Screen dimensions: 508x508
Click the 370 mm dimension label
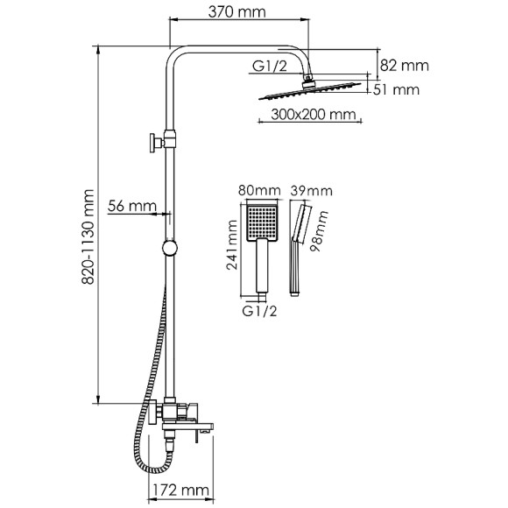tap(236, 12)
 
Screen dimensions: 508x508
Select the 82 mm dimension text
tap(405, 66)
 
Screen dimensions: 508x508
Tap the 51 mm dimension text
tap(396, 89)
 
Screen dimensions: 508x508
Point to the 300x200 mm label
tap(314, 115)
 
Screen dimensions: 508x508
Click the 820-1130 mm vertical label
tap(88, 236)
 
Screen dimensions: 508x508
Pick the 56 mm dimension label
tap(132, 206)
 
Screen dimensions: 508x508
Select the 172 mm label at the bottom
tap(180, 490)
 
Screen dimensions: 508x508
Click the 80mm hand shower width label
tap(259, 190)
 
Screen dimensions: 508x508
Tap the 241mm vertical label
tap(232, 245)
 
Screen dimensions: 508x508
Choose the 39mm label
tap(311, 191)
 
